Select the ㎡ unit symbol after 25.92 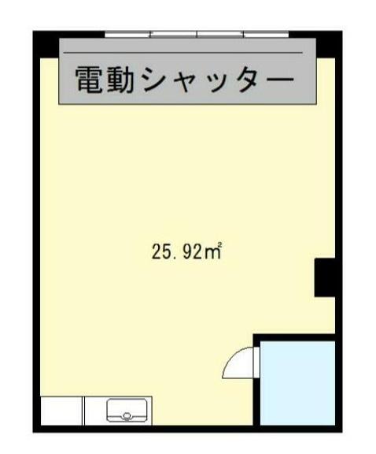[x=216, y=252]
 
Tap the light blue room [x=297, y=382]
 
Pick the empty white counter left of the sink [x=62, y=410]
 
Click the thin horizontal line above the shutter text [x=189, y=53]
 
